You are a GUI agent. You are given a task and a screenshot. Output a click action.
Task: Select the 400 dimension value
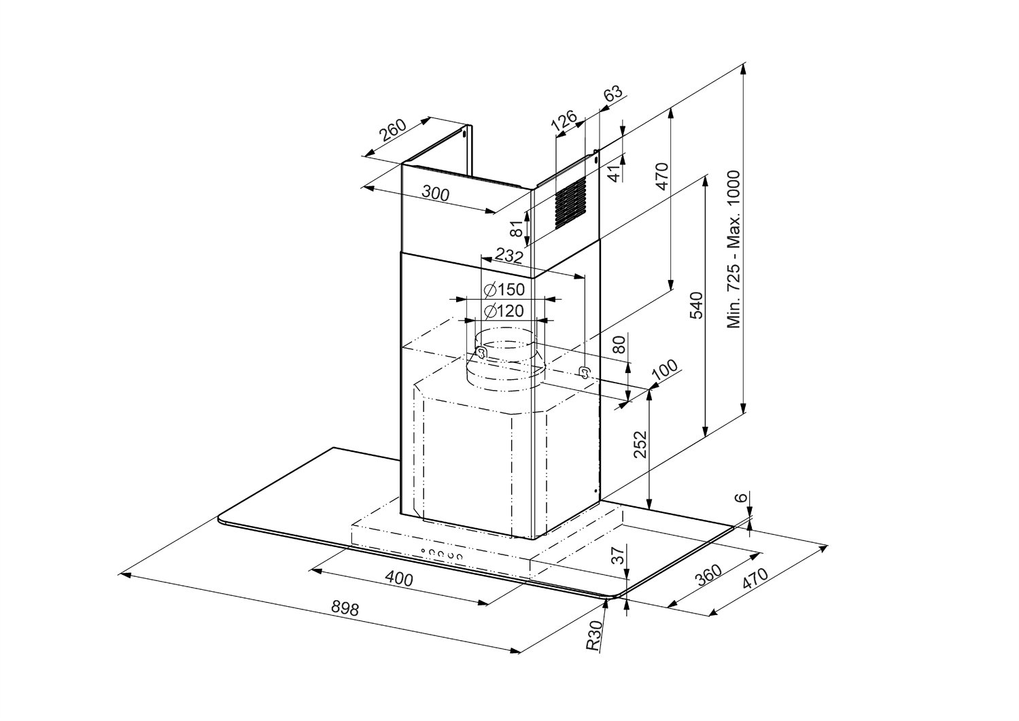pyautogui.click(x=399, y=579)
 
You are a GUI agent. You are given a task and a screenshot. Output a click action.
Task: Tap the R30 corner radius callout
pyautogui.click(x=594, y=636)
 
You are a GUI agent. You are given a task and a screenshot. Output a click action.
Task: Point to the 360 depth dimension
pyautogui.click(x=708, y=576)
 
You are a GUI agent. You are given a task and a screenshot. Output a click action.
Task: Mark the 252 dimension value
pyautogui.click(x=640, y=445)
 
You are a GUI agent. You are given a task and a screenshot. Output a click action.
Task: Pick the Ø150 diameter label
pyautogui.click(x=504, y=290)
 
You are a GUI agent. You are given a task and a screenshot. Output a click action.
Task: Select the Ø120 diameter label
pyautogui.click(x=504, y=312)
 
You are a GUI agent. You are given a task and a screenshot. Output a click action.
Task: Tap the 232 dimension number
pyautogui.click(x=508, y=257)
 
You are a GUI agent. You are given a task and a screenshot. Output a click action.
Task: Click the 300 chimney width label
pyautogui.click(x=435, y=194)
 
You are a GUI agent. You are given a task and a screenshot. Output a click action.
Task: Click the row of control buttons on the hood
pyautogui.click(x=441, y=555)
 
